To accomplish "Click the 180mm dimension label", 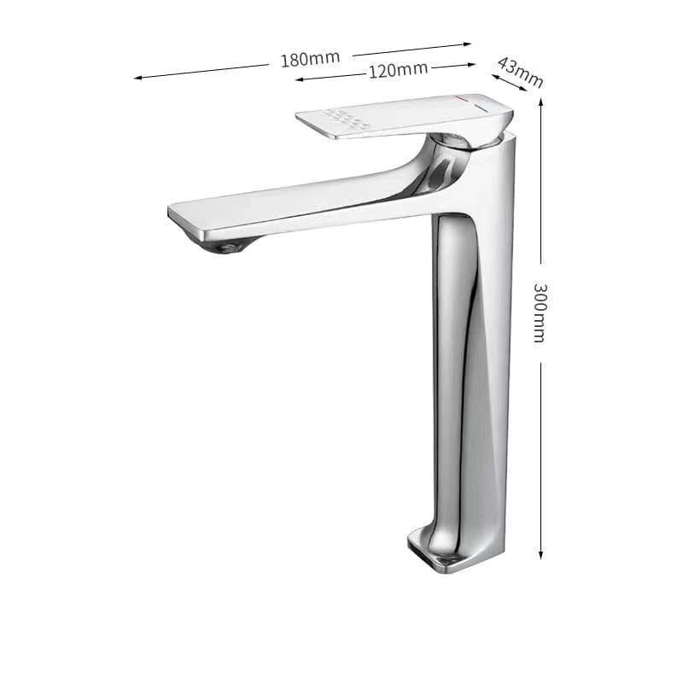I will pyautogui.click(x=310, y=58).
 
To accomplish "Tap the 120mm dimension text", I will pyautogui.click(x=398, y=70).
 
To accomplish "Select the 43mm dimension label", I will pyautogui.click(x=520, y=73).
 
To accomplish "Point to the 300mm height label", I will pyautogui.click(x=540, y=312).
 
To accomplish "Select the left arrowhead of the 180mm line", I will pyautogui.click(x=137, y=78).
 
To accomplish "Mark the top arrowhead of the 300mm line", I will pyautogui.click(x=540, y=100).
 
